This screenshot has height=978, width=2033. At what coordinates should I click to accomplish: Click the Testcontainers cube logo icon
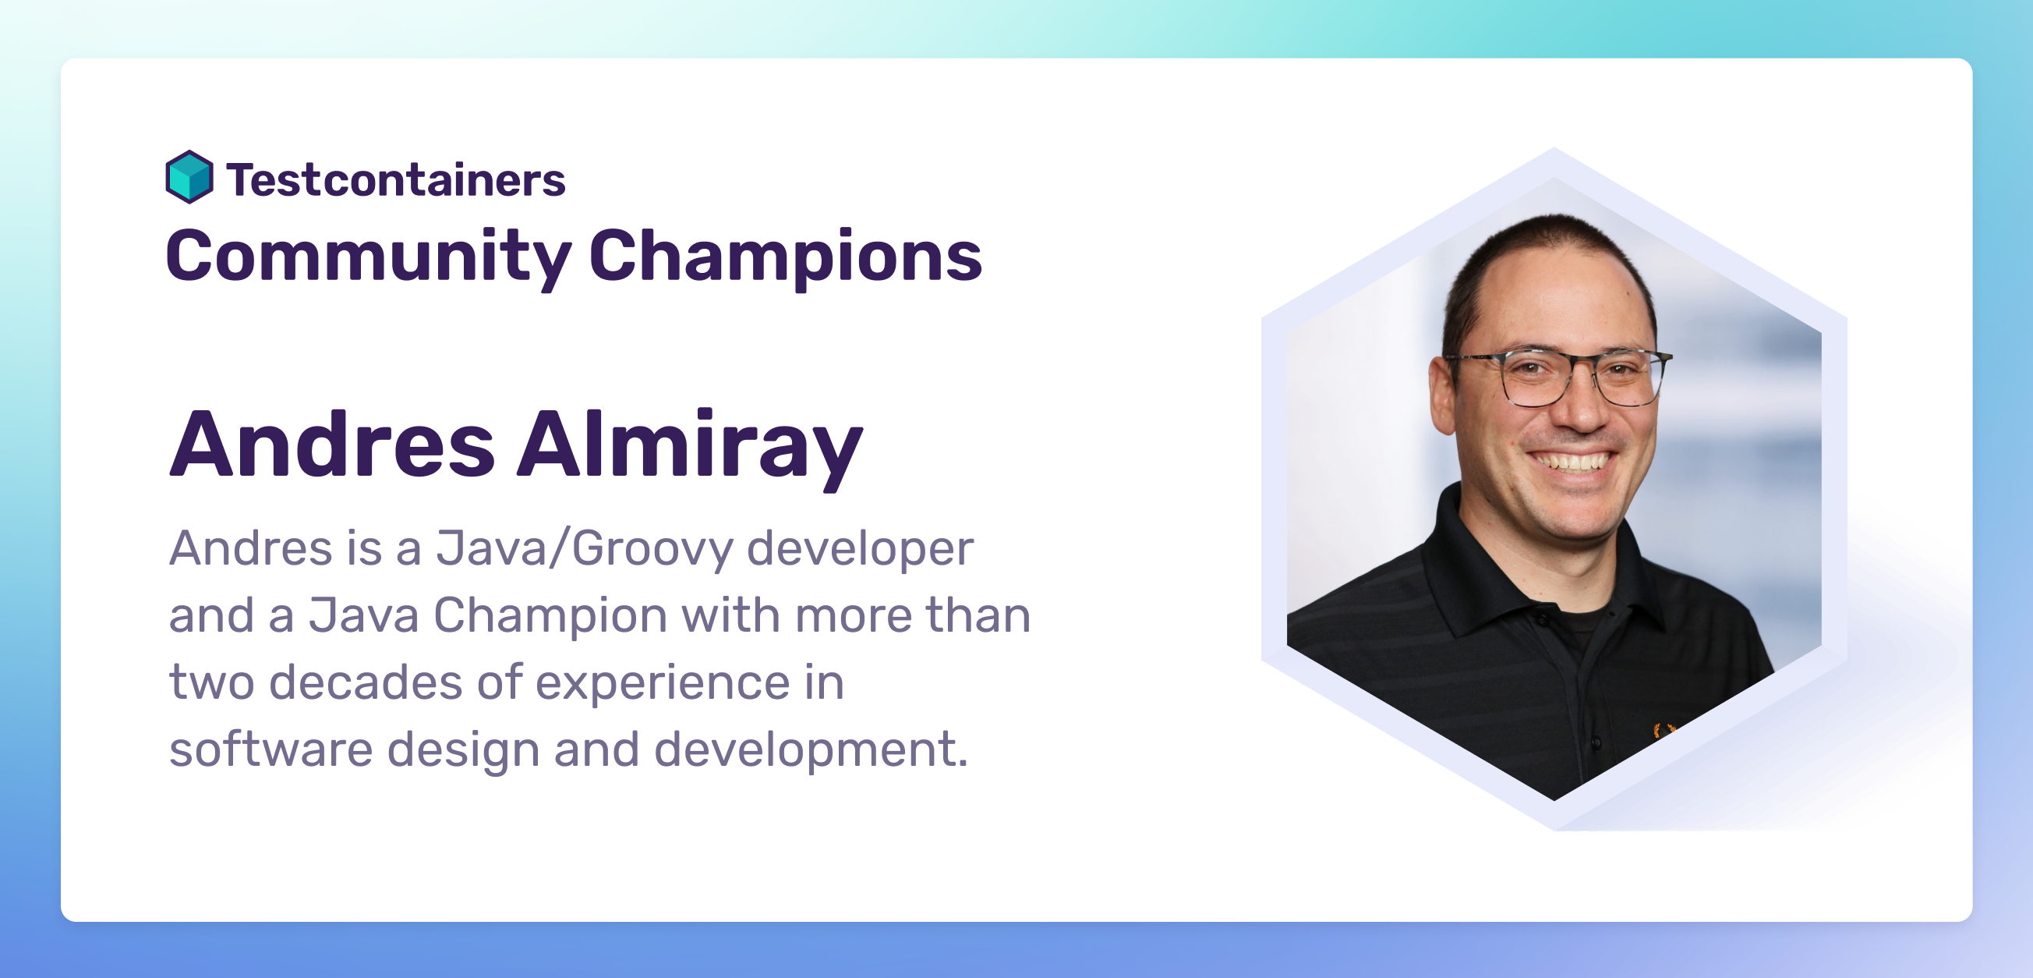(189, 177)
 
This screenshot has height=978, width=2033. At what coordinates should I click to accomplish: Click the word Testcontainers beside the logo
(395, 180)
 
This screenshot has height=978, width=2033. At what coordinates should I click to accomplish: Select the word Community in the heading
(368, 257)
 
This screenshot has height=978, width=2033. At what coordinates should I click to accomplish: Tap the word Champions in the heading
(785, 257)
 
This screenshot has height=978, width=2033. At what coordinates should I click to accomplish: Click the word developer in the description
(860, 548)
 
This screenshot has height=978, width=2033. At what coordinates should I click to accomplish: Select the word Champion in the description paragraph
(550, 615)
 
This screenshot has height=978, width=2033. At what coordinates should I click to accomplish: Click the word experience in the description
(663, 682)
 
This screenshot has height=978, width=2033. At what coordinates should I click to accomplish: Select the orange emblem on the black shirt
(1664, 730)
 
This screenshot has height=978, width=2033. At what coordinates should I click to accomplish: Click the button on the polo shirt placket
(1596, 742)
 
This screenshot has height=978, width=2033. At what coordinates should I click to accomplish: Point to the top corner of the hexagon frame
(1554, 150)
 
